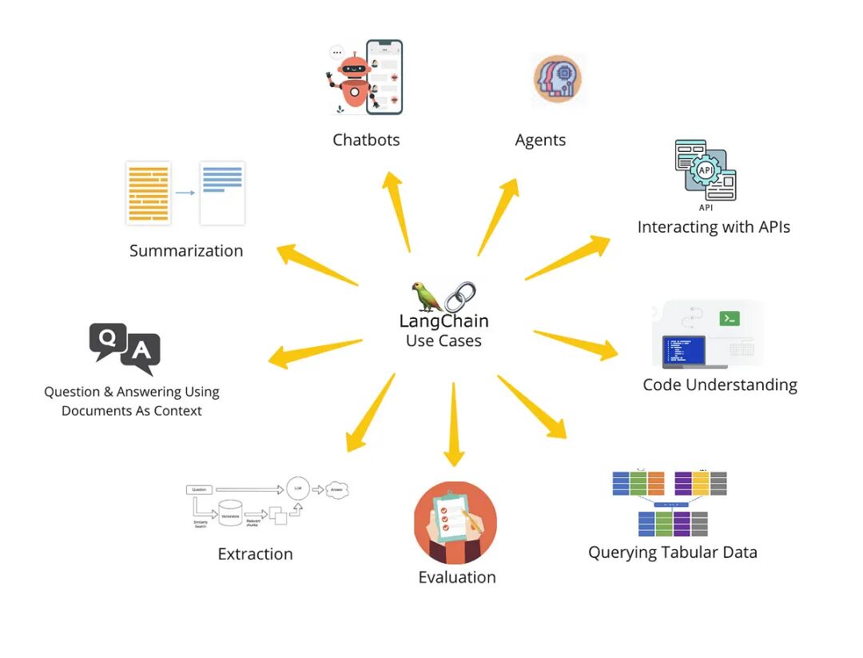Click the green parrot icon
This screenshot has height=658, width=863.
click(x=427, y=297)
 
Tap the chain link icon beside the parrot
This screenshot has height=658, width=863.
click(x=459, y=296)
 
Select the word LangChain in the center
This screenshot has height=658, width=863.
click(x=443, y=321)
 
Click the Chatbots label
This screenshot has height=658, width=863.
click(x=366, y=140)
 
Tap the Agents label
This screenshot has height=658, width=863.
click(x=540, y=140)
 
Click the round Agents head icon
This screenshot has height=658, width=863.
click(x=557, y=80)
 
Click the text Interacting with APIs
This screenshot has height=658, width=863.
click(x=714, y=227)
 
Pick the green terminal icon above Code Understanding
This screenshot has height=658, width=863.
click(x=729, y=318)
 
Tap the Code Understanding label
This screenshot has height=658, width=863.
click(x=720, y=385)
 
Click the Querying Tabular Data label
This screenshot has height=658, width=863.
click(x=672, y=552)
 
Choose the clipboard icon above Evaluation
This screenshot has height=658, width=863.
click(x=455, y=522)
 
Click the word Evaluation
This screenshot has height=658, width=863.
click(x=457, y=577)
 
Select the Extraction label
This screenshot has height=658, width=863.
click(x=255, y=554)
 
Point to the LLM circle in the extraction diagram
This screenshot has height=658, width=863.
click(x=297, y=488)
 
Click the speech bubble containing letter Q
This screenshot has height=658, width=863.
click(x=107, y=339)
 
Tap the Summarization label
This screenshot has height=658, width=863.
click(x=186, y=250)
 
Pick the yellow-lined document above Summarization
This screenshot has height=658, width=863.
click(x=149, y=193)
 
